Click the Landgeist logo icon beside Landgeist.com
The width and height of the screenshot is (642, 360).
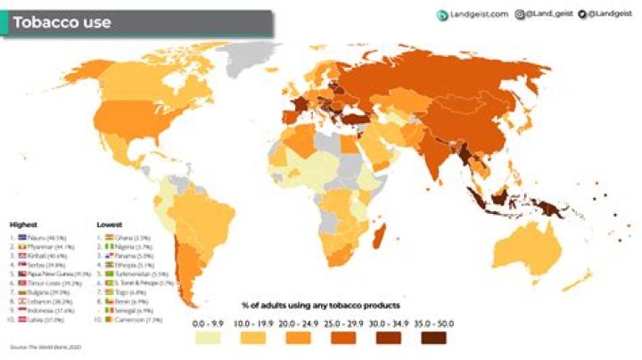click(441, 14)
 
